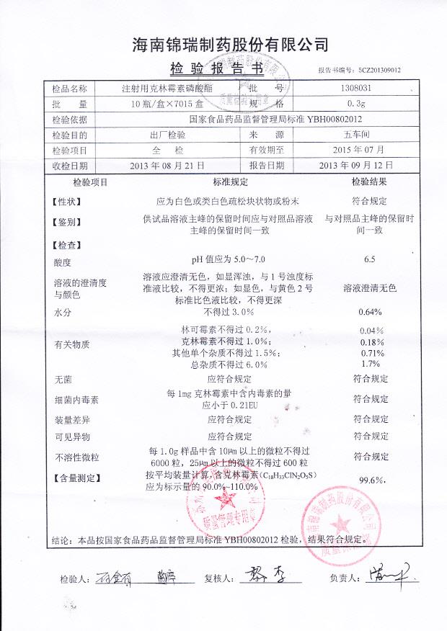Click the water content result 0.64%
[x=370, y=312]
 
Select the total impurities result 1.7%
[x=370, y=363]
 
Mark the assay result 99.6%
[x=371, y=480]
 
